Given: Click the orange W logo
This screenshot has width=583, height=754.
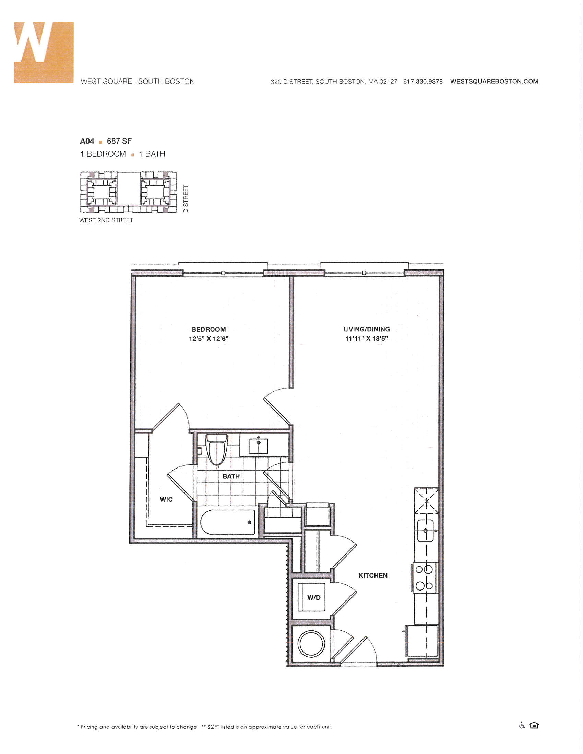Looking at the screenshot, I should [x=44, y=52].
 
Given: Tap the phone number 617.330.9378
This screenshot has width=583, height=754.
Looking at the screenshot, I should [x=423, y=82].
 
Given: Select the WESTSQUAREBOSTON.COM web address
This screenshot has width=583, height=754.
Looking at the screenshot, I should [x=494, y=82].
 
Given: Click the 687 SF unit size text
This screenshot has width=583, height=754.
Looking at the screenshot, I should [x=119, y=141].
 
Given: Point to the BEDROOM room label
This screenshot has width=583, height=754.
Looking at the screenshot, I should [x=209, y=329].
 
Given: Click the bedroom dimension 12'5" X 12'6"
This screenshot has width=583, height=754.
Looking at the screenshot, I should [x=209, y=339].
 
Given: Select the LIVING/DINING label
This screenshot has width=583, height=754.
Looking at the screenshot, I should [x=367, y=329].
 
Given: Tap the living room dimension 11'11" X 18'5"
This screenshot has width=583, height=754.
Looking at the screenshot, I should [x=367, y=339].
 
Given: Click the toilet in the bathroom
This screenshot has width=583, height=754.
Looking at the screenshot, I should [x=216, y=449].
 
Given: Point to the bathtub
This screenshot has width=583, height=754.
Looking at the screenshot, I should [x=228, y=523].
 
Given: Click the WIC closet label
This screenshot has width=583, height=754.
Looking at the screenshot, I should [x=166, y=500].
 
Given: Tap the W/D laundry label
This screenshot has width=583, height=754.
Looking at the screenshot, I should [x=313, y=598].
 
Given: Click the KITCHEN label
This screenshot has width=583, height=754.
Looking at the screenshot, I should [x=373, y=575].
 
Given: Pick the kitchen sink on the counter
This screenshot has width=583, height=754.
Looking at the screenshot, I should [x=426, y=531].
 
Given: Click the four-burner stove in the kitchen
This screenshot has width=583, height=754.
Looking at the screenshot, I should [x=424, y=577].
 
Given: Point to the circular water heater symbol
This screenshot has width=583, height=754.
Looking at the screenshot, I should [x=311, y=644].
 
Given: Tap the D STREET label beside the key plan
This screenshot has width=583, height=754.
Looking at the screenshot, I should [x=186, y=199].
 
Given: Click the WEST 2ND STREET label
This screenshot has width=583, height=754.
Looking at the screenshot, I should [x=106, y=220].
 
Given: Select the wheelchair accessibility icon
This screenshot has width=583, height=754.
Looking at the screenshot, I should [x=522, y=725].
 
